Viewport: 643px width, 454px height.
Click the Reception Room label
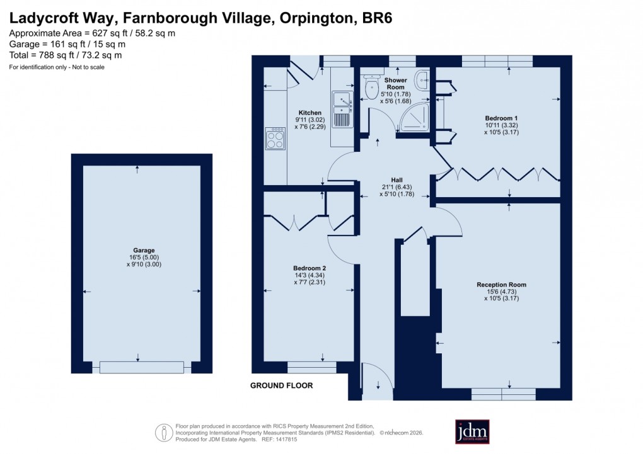(501, 285)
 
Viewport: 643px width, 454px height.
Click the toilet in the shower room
(371, 91)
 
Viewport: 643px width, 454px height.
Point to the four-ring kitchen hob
(275, 139)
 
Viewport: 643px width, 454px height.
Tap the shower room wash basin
(422, 79)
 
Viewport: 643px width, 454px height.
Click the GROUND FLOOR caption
(281, 385)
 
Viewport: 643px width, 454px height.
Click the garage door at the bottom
(141, 367)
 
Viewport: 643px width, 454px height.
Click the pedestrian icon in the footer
(164, 433)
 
